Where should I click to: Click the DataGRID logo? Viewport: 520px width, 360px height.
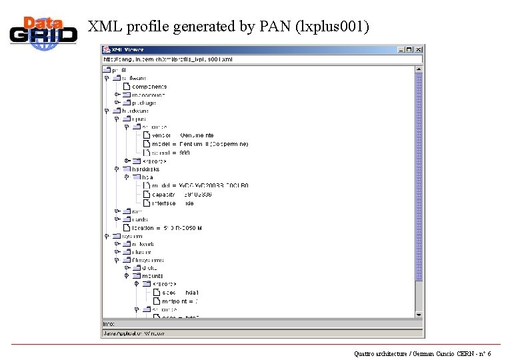pos(43,33)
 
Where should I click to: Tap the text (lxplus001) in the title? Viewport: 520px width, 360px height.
pos(335,27)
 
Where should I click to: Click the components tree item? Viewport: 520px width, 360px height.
pos(149,87)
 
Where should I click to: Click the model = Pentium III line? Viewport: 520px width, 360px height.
pos(200,144)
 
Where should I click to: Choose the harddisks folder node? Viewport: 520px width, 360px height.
pos(147,169)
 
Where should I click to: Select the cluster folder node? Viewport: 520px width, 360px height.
pos(142,253)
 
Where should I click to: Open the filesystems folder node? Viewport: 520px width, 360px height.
pos(148,261)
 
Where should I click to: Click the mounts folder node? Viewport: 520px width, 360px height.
pos(151,276)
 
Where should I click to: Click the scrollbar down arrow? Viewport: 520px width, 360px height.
pos(419,315)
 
